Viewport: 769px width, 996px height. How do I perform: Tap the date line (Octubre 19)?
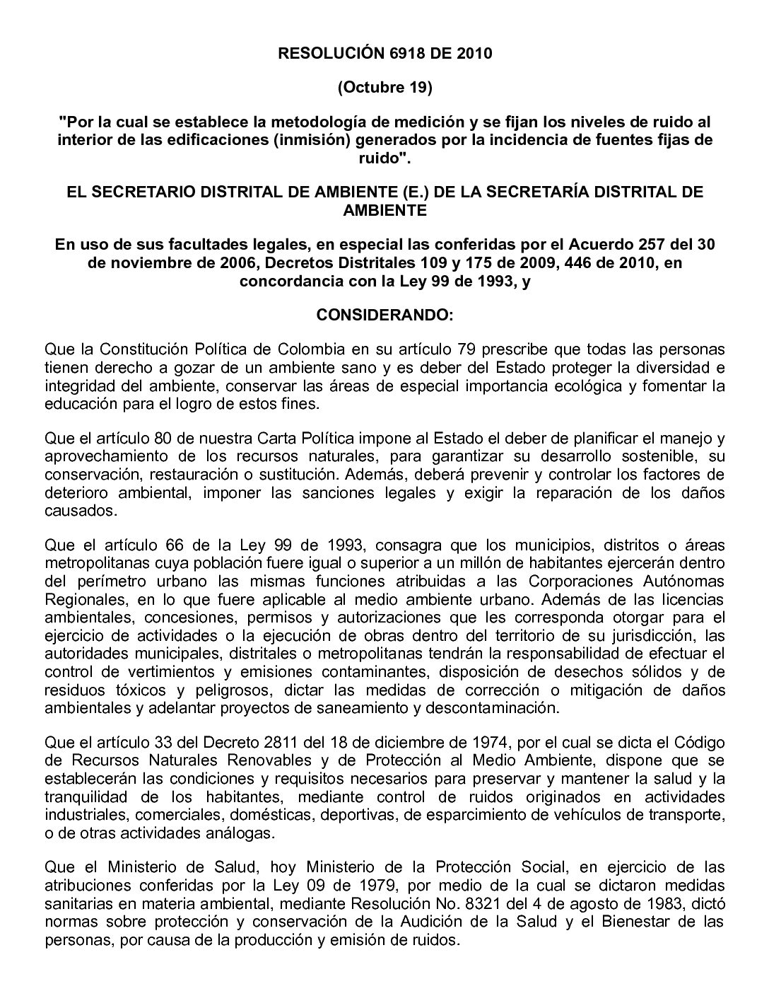(x=384, y=88)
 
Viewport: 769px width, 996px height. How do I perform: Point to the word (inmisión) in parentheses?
(x=312, y=139)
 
